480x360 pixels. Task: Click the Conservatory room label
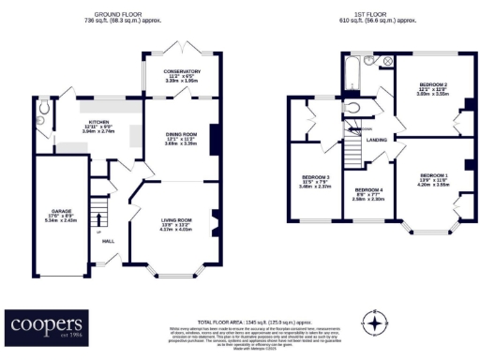coord(182,76)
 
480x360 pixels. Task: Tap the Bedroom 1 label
coord(434,179)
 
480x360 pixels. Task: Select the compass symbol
coord(375,323)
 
